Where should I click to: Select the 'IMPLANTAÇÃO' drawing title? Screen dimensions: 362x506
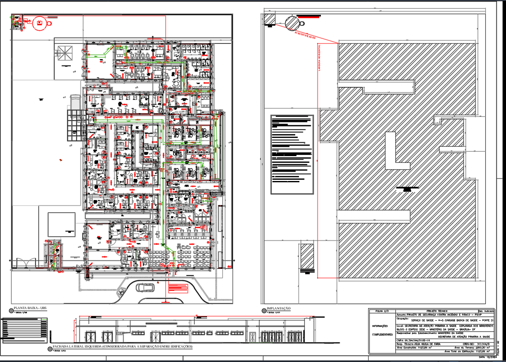278,309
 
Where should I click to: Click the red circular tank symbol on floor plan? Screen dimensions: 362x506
39,23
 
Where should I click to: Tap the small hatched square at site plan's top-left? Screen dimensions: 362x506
269,19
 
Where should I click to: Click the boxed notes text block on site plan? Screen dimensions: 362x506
292,154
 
